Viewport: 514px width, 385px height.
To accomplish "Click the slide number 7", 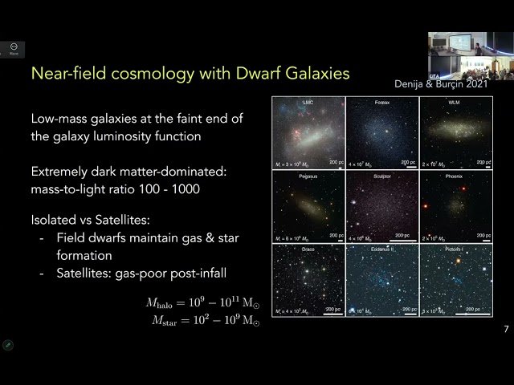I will click(x=506, y=329).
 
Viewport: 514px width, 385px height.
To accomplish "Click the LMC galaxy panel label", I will click(x=308, y=103).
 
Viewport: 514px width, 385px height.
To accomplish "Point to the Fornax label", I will click(x=381, y=103).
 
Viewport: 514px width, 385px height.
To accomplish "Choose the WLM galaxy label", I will click(x=455, y=103).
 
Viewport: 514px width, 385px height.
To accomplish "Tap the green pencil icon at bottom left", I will click(x=8, y=345).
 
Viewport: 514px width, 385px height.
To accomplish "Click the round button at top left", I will click(x=14, y=48).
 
